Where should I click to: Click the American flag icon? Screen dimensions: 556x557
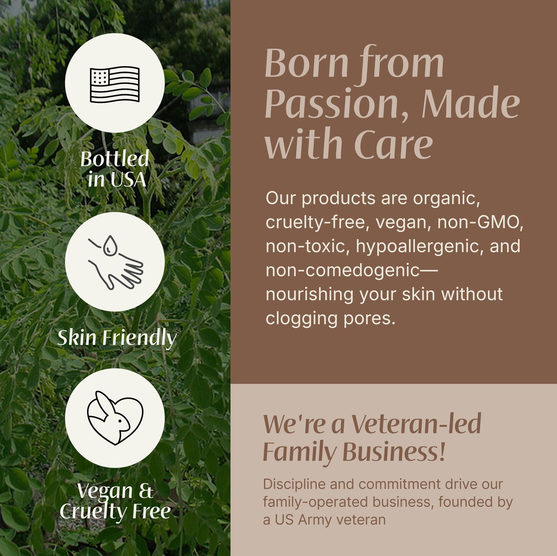(114, 84)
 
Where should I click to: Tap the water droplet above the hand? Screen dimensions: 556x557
(110, 246)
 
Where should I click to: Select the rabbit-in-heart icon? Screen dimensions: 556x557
(115, 418)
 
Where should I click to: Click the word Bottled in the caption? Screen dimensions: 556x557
(114, 159)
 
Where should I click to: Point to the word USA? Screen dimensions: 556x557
(128, 180)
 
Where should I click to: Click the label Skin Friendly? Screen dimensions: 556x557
(117, 338)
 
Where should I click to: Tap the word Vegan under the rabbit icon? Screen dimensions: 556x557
(105, 491)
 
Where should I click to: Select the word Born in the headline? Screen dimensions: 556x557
(306, 63)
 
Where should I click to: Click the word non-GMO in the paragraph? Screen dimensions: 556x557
(480, 222)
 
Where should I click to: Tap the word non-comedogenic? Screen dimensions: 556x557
(342, 270)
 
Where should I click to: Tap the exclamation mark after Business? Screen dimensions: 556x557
(442, 452)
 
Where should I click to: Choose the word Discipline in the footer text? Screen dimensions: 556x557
(294, 484)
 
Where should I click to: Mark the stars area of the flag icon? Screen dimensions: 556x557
(99, 77)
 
